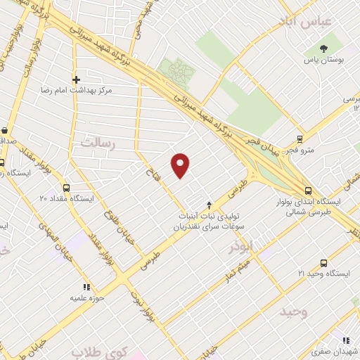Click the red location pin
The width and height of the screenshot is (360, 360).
click(x=181, y=165)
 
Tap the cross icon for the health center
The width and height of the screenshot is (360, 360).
click(x=76, y=79)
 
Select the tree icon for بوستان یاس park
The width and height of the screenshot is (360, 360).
click(x=323, y=49)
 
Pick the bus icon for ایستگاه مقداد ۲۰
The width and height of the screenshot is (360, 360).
click(x=67, y=188)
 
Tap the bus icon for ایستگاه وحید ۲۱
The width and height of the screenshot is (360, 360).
click(x=302, y=259)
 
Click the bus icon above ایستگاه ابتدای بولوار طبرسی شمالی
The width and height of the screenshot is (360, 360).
click(x=308, y=190)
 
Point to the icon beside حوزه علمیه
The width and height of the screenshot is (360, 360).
click(x=87, y=287)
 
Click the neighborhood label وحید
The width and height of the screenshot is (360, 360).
click(x=295, y=310)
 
